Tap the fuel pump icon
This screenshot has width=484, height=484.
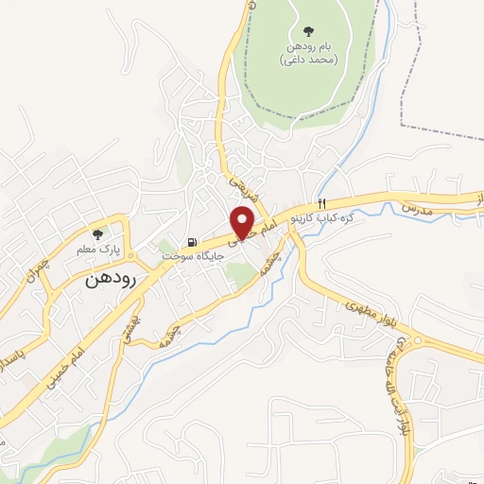[x=193, y=242]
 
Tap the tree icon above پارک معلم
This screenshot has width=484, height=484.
[x=97, y=233]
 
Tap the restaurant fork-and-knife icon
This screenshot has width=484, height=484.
[x=322, y=203]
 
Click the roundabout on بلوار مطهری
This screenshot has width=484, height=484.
[x=406, y=341]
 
